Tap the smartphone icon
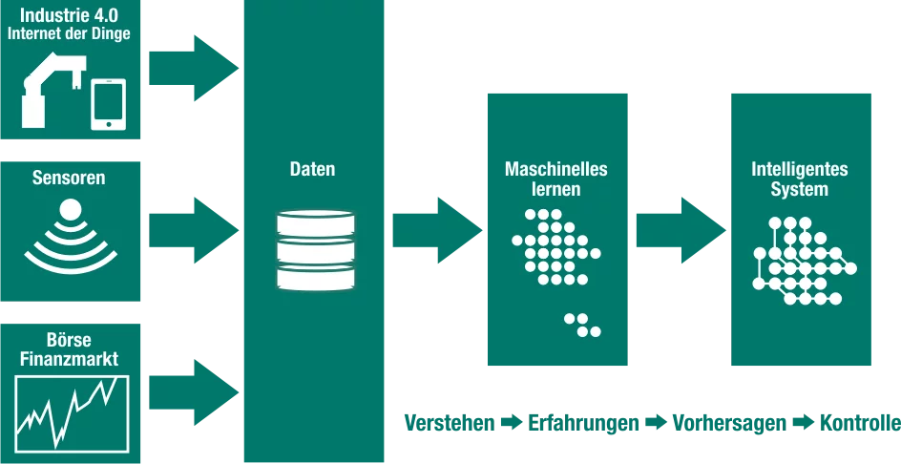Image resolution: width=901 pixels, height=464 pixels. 108,103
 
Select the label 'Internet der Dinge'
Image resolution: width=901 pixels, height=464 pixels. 69,35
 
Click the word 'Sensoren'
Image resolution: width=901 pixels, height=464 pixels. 69,178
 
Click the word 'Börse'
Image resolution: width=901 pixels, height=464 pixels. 69,341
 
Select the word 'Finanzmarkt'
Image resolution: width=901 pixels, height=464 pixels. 69,360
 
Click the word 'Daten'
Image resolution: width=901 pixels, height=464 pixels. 313,170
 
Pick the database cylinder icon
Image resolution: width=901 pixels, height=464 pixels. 315,249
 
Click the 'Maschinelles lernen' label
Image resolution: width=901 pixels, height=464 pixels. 556,179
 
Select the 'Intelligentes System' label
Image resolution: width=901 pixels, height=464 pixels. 800,179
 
